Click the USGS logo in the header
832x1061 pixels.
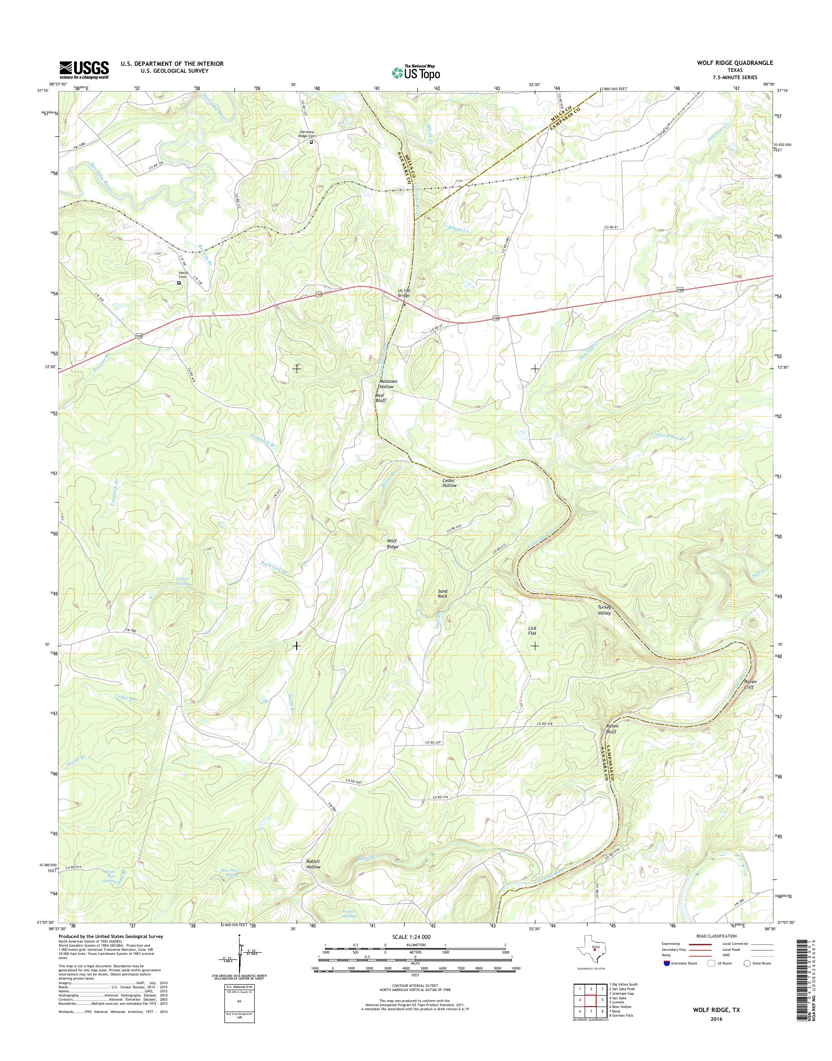point(84,70)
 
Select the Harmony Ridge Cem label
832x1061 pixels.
point(310,134)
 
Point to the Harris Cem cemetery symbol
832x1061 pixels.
point(179,282)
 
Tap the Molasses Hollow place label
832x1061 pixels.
point(387,384)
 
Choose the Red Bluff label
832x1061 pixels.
point(380,398)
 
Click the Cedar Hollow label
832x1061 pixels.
point(449,482)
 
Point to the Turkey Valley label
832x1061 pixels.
point(604,611)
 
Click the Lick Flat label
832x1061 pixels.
point(533,631)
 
